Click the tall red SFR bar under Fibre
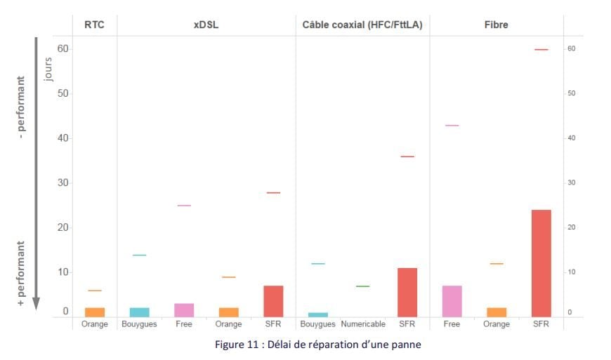[541, 263]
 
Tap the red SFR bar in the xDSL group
[273, 301]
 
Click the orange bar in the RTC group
[95, 312]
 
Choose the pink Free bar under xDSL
[184, 310]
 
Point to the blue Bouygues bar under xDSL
[139, 312]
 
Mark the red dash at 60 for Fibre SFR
[541, 49]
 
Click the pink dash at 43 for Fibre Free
[452, 126]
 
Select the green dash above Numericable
[362, 286]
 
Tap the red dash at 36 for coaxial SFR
[407, 156]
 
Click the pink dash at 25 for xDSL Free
[184, 206]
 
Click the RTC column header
[95, 25]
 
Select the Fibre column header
[496, 25]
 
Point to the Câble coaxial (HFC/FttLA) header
[362, 25]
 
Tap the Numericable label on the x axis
[362, 325]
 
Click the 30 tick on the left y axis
[64, 183]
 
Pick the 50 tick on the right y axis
[571, 93]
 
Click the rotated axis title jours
[48, 70]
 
